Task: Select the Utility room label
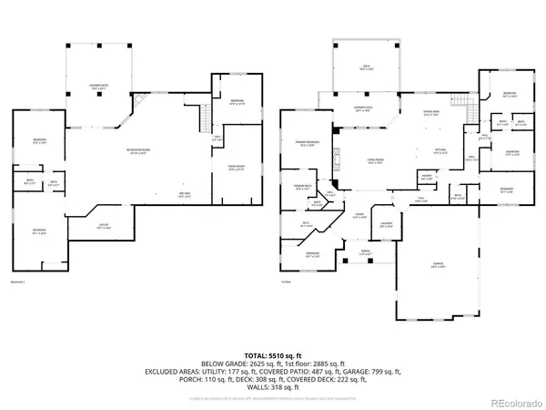tap(105, 228)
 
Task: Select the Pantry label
tap(427, 178)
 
